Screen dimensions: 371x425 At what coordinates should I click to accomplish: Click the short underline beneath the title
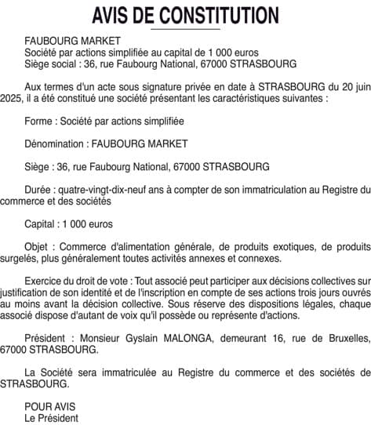184,29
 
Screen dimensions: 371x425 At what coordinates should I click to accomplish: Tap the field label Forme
40,122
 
